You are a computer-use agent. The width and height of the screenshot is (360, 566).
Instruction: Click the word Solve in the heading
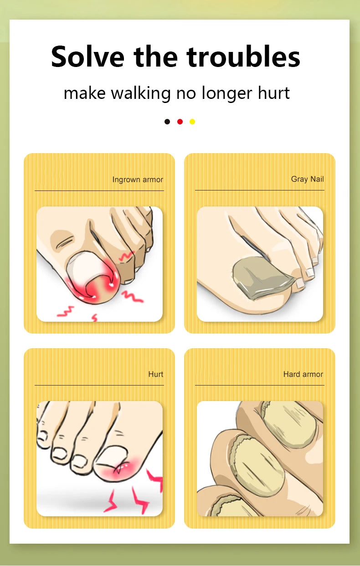87,57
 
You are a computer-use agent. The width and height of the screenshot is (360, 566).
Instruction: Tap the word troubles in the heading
243,57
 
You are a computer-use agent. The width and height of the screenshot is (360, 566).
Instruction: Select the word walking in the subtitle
141,93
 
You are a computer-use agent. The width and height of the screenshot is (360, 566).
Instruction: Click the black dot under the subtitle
167,122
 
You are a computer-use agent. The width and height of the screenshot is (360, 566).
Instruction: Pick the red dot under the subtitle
180,122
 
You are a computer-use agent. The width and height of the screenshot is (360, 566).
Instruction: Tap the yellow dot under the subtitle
192,122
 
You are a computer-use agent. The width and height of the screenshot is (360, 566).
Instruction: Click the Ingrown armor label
138,180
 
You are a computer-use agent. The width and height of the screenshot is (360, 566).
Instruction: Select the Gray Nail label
308,179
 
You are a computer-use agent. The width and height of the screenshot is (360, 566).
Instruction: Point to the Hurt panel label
156,374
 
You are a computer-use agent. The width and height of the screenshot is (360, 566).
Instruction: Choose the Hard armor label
303,374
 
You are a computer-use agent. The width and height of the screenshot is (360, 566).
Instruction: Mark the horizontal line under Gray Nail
259,190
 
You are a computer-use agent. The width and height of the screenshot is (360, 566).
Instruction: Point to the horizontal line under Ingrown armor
99,190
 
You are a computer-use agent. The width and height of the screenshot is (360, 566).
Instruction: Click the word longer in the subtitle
227,93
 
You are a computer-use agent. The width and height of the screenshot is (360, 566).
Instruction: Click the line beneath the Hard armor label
259,386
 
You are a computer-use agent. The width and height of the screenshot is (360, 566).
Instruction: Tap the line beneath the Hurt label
99,386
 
